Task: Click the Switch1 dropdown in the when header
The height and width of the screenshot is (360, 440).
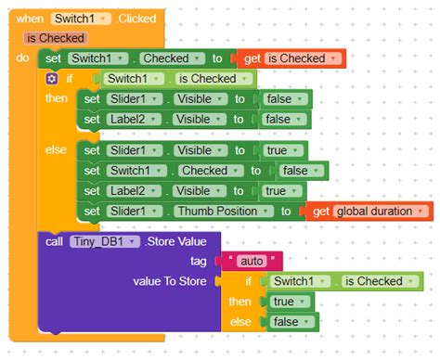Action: coord(84,18)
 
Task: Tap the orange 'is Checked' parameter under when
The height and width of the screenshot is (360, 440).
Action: coord(56,38)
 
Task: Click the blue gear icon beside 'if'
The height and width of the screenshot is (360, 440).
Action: coord(53,79)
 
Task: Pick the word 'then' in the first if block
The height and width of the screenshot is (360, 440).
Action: coord(56,98)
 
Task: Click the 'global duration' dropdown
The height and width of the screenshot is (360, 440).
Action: coord(374,212)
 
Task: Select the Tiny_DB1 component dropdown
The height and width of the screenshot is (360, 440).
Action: coord(103,242)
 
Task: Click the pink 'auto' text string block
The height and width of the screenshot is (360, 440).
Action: coord(252,261)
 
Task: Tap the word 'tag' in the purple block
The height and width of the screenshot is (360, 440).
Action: coord(199,261)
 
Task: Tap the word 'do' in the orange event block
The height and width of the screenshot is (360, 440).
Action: coord(23,58)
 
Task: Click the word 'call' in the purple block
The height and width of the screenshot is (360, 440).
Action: coord(54,242)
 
